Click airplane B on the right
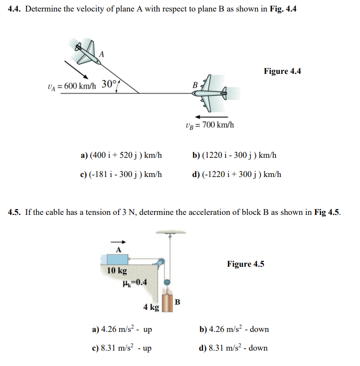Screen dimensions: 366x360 (x=210, y=92)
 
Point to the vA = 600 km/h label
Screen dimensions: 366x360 (x=72, y=86)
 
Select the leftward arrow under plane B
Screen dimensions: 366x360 (x=212, y=117)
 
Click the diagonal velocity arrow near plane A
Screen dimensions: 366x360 (x=75, y=69)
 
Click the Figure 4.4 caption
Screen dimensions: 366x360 (x=282, y=71)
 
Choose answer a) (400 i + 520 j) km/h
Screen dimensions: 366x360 (x=121, y=155)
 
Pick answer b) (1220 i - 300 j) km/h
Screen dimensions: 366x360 (x=234, y=155)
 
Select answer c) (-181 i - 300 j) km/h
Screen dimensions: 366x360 (x=121, y=174)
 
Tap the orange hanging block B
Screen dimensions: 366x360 (x=168, y=303)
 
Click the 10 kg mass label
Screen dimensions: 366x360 (x=117, y=271)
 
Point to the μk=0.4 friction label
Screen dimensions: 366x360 (x=135, y=282)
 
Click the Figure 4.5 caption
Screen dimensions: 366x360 (x=245, y=264)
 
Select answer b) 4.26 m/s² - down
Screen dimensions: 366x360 (x=234, y=330)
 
